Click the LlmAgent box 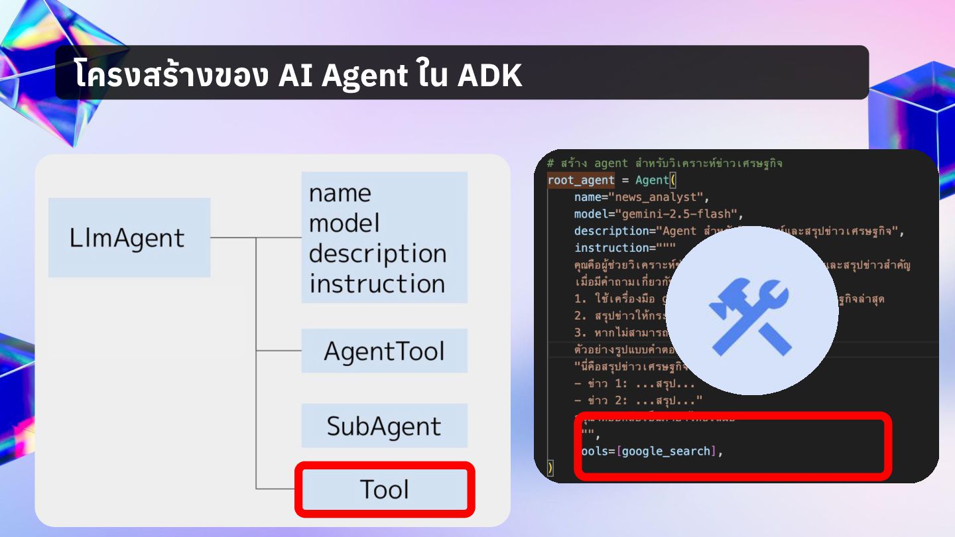[129, 237]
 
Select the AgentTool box [384, 351]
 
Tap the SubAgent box [384, 426]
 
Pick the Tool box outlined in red [385, 489]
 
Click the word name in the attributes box [340, 193]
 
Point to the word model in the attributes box [344, 223]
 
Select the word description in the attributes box [377, 253]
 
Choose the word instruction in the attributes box [377, 284]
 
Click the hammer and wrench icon [751, 310]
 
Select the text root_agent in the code [580, 180]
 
